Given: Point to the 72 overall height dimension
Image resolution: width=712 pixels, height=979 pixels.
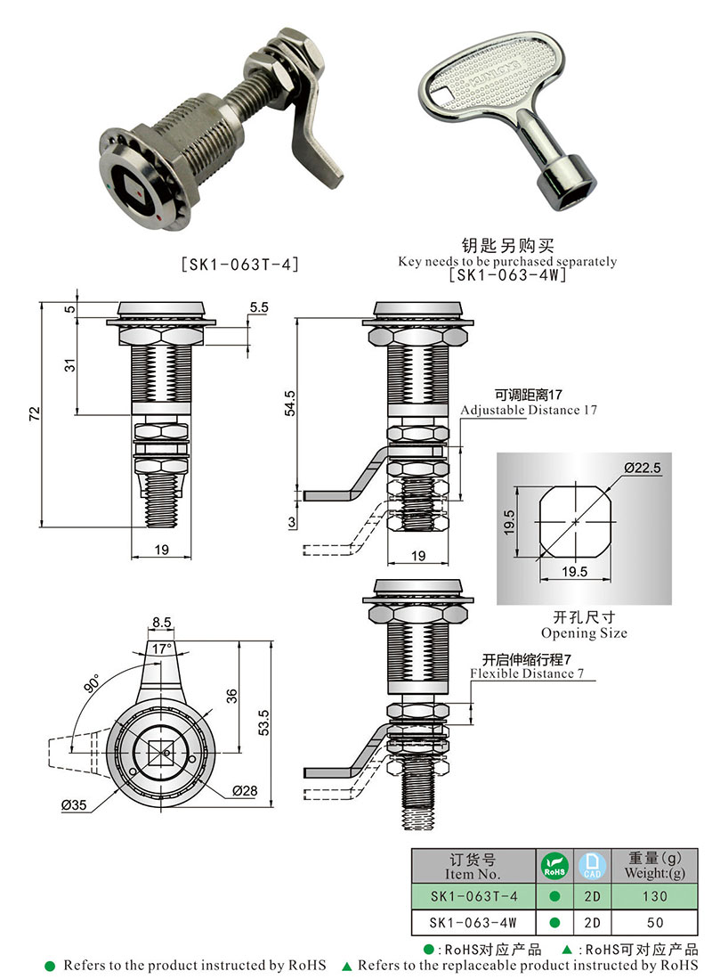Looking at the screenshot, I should click(x=34, y=414).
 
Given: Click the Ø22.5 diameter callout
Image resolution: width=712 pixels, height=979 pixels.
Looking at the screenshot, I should click(x=637, y=467).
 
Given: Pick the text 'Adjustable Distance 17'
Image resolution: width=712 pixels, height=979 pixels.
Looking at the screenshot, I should click(x=529, y=411).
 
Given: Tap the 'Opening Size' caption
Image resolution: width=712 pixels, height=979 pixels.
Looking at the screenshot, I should click(x=584, y=633).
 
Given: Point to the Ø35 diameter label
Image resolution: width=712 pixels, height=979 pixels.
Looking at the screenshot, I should click(x=75, y=805).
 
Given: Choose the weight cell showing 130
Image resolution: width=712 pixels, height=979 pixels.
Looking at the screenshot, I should click(x=655, y=895).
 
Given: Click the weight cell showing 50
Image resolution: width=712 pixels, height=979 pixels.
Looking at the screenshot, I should click(x=655, y=921).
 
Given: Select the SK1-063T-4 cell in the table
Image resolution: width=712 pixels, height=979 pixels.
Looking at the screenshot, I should click(x=473, y=895).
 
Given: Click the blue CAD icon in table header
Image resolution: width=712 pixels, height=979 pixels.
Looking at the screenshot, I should click(x=592, y=865).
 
